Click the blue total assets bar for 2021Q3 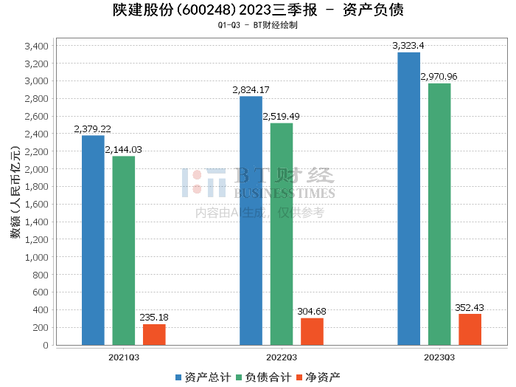[93, 240]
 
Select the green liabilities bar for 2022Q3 [282, 234]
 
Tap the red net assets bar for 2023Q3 [470, 329]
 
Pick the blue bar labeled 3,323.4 [408, 199]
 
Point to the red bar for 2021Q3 [154, 335]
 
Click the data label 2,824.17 [251, 89]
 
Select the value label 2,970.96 [439, 77]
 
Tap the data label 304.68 [312, 311]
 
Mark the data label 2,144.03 [123, 150]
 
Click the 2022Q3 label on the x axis [282, 357]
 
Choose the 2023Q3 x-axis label [439, 357]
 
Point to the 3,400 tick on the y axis [37, 46]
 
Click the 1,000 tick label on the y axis [37, 257]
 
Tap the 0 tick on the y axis [46, 345]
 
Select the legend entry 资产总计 [203, 377]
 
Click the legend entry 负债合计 [264, 377]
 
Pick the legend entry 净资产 [318, 377]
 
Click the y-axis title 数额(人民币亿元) [15, 192]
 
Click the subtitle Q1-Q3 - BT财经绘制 [258, 25]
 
